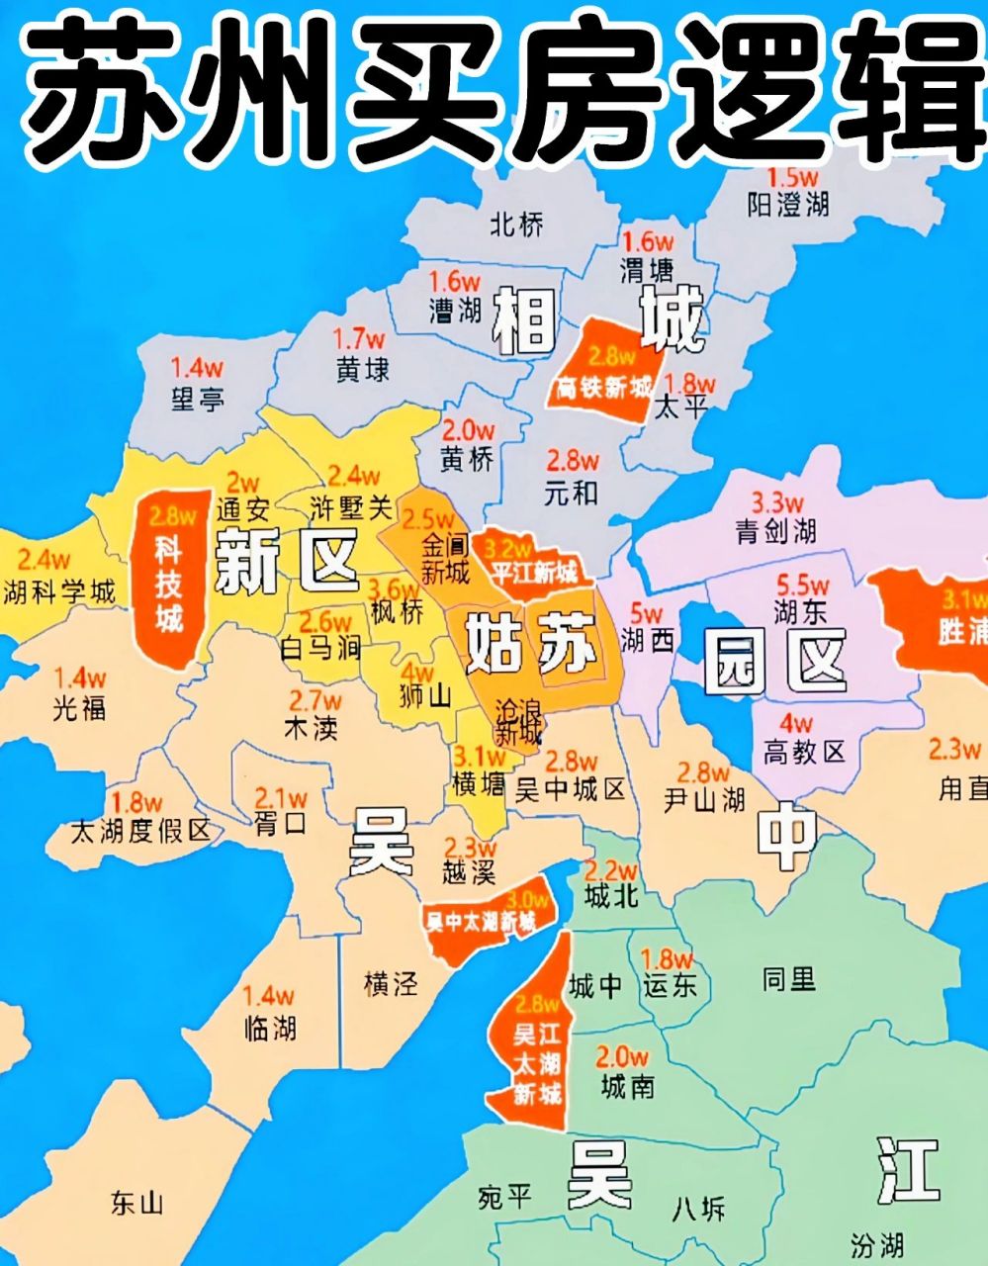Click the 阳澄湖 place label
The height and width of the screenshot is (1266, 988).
point(787,206)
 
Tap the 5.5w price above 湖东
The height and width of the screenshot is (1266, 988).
point(802,585)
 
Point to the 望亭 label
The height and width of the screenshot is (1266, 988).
point(198,399)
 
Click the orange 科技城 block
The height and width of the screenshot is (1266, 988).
point(169,574)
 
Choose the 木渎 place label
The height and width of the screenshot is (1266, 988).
point(311,729)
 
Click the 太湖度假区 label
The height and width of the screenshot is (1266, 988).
point(141,830)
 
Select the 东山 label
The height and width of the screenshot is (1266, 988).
point(136,1204)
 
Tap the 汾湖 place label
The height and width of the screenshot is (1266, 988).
point(876,1244)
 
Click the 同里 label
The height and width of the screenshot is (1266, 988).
point(789,979)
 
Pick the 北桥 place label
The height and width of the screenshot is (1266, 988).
point(516,226)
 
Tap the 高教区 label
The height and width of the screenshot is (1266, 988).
point(804,752)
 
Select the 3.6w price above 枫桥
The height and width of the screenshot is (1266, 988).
point(395,588)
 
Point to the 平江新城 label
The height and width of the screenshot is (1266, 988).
point(534,572)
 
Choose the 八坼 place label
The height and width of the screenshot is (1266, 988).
point(698,1209)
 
